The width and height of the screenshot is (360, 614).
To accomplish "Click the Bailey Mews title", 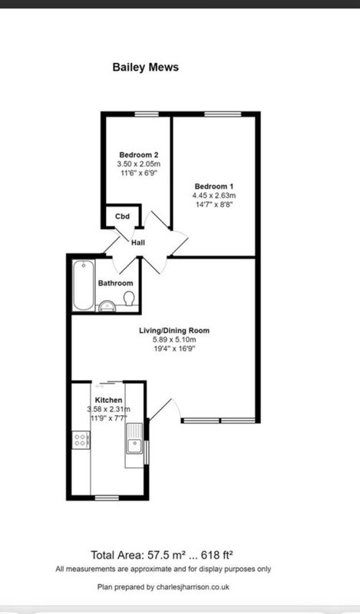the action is (145, 67).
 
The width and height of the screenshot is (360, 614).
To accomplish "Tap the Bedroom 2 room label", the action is (139, 155).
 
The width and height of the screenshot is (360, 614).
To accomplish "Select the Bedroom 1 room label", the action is (214, 187).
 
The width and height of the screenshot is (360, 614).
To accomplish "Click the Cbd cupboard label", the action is (122, 216).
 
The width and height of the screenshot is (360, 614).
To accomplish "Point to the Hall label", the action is (138, 243).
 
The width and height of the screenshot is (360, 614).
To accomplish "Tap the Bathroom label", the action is (116, 283).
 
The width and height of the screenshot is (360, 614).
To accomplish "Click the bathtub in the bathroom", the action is (84, 286).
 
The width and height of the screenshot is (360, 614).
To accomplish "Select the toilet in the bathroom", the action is (129, 299).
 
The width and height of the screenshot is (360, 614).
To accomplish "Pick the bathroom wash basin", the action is (107, 306).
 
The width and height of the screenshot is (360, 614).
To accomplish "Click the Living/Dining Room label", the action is (174, 331).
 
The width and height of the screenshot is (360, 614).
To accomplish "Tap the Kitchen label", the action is (108, 400).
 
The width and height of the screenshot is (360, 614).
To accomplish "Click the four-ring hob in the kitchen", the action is (81, 440).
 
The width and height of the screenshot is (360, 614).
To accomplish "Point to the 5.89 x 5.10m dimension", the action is (174, 340).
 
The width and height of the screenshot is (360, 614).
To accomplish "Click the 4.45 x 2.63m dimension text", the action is (214, 196).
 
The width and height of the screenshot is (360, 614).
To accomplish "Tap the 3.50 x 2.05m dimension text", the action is (139, 163).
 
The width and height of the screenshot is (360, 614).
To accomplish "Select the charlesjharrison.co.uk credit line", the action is (163, 587).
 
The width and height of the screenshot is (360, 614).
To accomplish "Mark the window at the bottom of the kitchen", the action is (107, 497).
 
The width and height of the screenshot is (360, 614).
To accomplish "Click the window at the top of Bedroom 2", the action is (147, 114).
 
